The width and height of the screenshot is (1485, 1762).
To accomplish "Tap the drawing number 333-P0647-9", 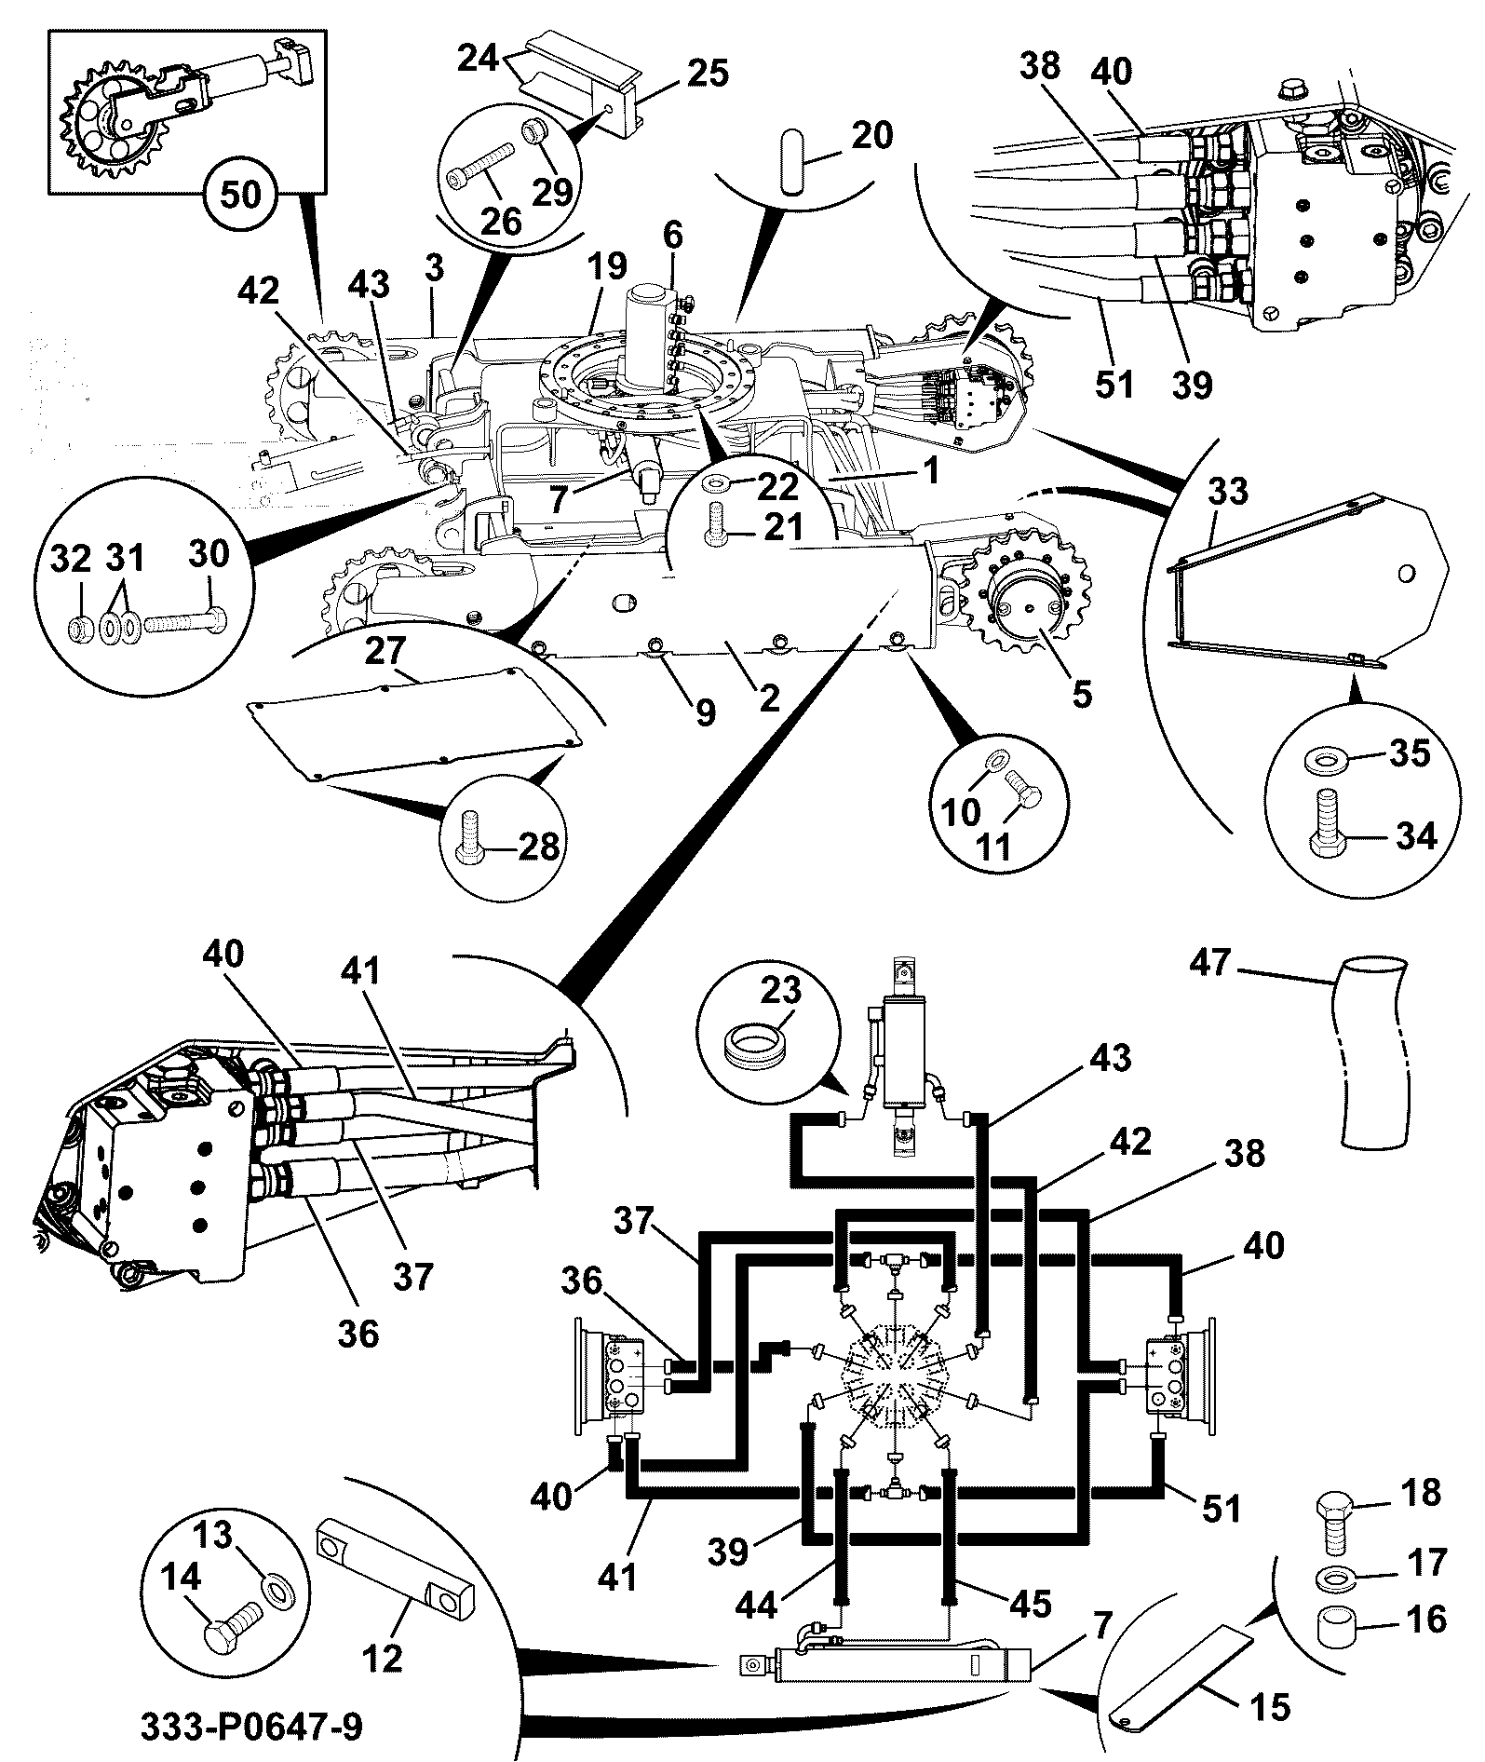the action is [251, 1728].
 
